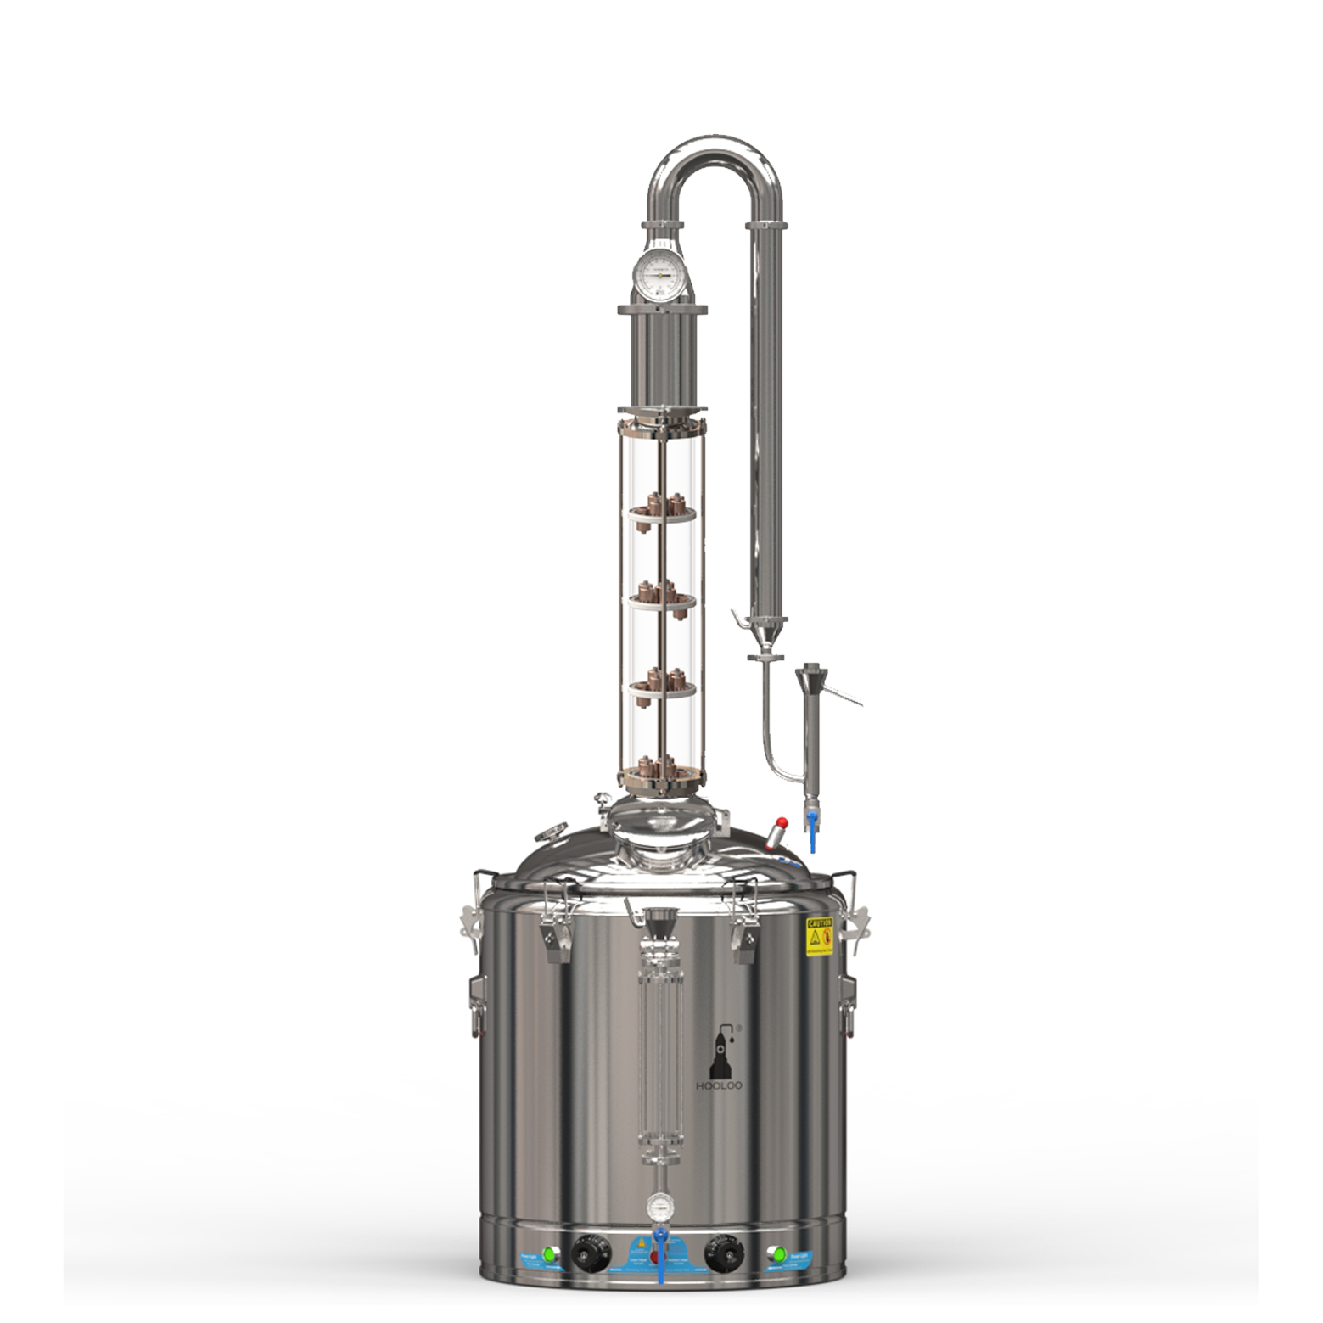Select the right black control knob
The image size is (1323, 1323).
tap(721, 1254)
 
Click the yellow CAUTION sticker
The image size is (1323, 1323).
tap(818, 936)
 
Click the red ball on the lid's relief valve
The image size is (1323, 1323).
tap(782, 822)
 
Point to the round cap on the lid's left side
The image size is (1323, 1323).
tap(554, 832)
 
